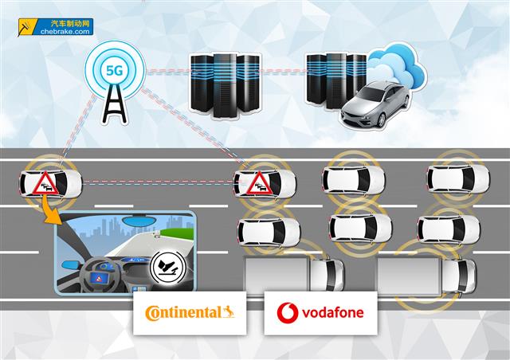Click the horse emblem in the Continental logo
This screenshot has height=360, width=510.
tap(229, 310)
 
